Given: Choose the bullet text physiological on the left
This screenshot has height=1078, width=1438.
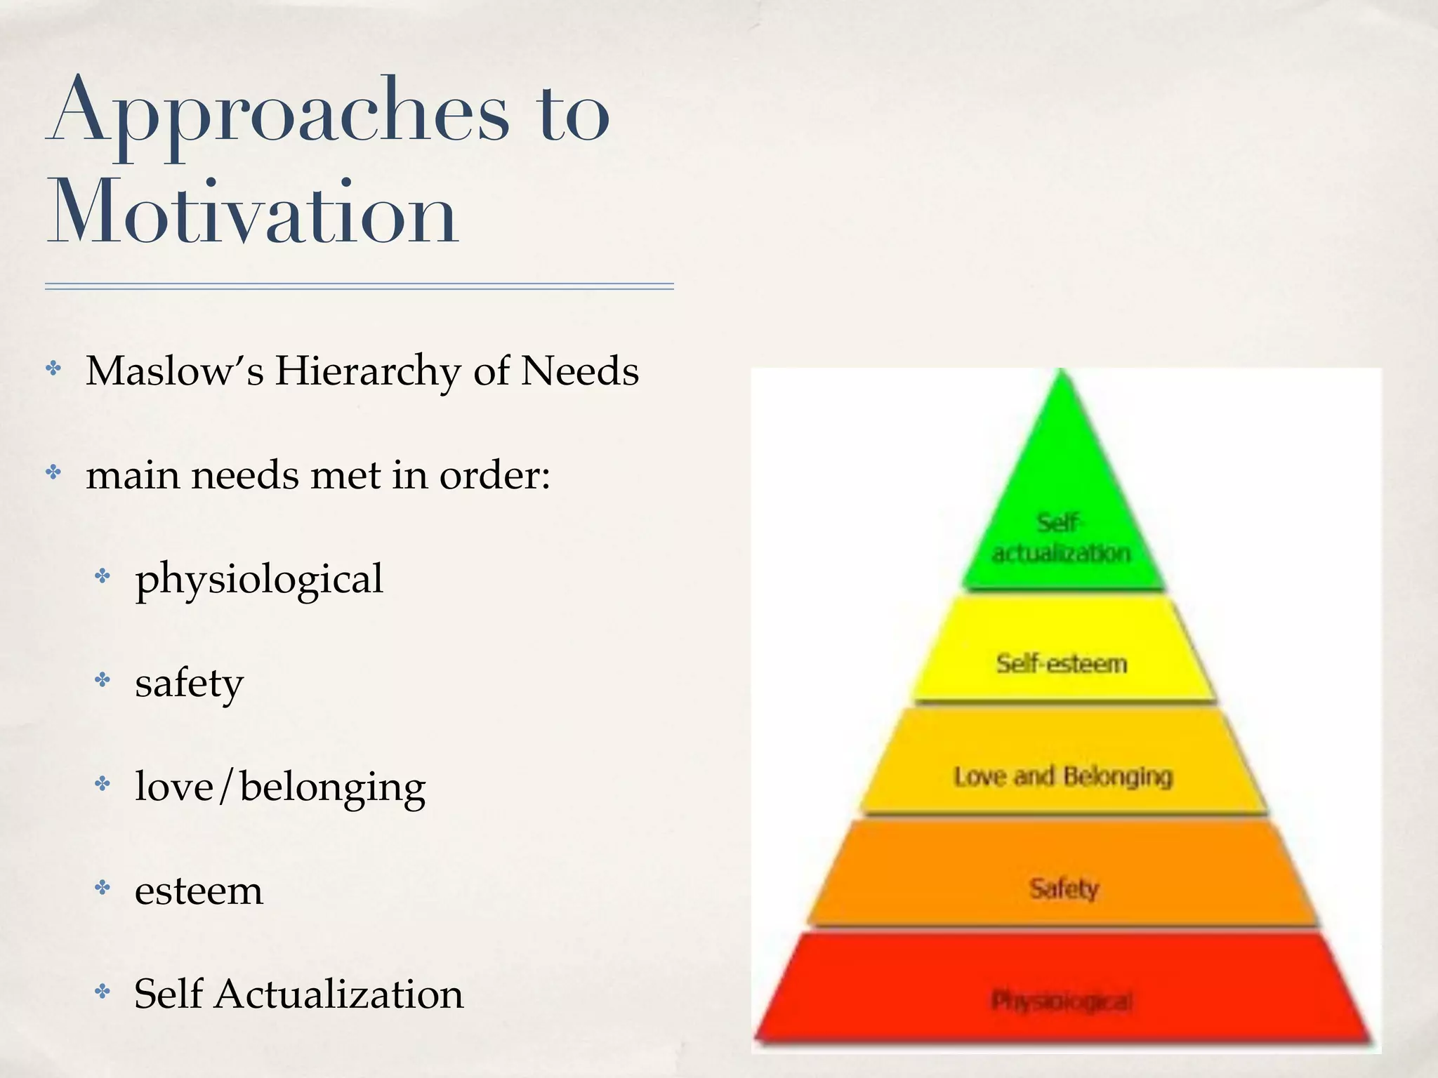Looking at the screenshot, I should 259,580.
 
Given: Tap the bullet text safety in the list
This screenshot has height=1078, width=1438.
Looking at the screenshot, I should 189,683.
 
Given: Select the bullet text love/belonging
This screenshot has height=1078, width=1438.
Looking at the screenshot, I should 280,787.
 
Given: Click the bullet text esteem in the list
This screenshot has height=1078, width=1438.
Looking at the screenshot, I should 199,891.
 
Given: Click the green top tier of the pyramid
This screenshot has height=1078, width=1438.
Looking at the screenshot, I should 1062,491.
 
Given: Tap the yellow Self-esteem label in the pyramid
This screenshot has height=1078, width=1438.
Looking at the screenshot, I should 1062,663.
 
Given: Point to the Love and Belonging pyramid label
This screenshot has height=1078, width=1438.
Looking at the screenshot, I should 1063,776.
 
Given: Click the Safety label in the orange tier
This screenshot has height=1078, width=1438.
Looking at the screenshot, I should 1064,889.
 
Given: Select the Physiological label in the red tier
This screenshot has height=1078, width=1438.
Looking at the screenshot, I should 1062,1000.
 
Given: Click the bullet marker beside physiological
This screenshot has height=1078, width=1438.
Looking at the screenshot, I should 103,577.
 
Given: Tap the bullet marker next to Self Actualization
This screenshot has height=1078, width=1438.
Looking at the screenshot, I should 103,992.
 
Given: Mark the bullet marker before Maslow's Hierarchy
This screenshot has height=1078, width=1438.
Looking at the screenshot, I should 53,368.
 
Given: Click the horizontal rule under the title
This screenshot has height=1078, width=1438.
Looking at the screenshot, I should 359,286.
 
